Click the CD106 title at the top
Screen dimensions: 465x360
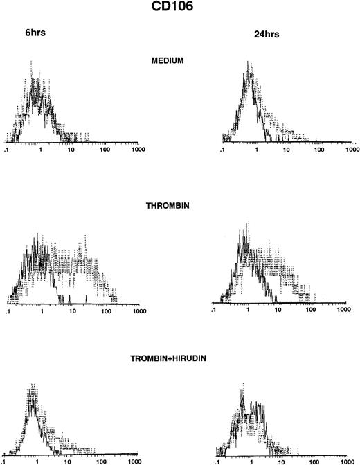pos(181,9)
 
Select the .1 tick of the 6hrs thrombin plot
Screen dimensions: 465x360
pos(8,313)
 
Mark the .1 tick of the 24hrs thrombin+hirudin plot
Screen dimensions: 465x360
pos(219,460)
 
